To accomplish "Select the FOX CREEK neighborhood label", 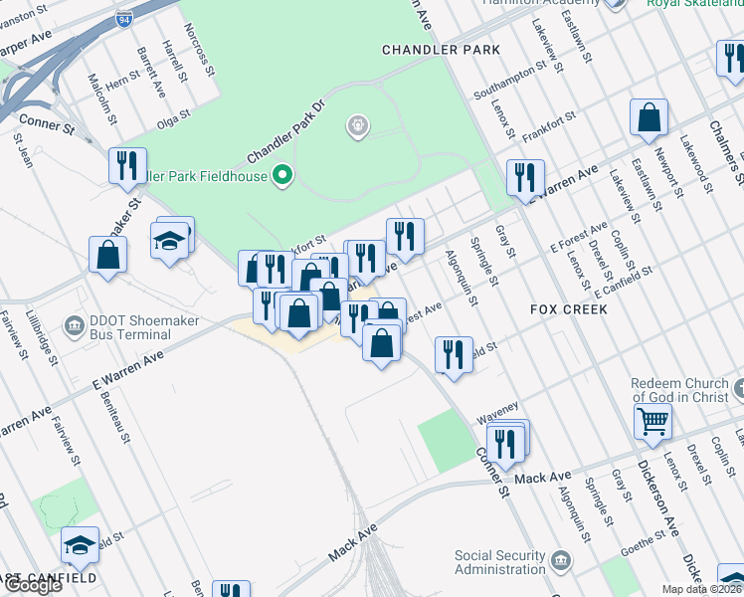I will tap(569, 309).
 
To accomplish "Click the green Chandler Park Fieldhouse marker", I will tap(282, 176).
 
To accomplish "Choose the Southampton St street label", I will tap(511, 82).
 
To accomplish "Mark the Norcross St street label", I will tap(206, 55).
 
